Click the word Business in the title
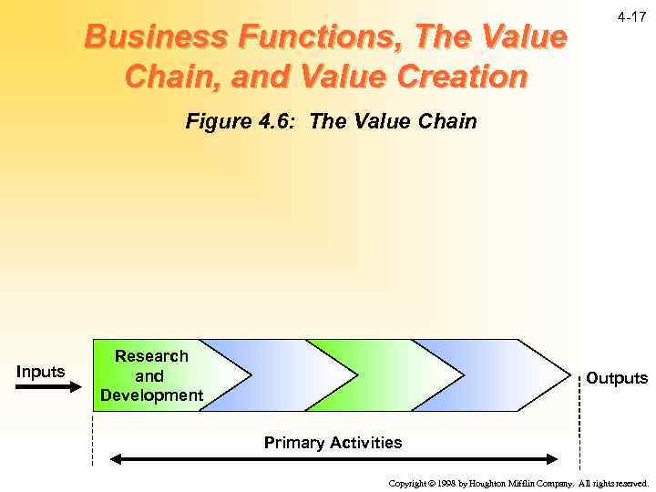pos(151,38)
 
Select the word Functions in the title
pos(321,38)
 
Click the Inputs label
pos(40,371)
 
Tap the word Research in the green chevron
pos(151,356)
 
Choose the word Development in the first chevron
pos(151,395)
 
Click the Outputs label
pos(616,377)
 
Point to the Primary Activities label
pos(333,443)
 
